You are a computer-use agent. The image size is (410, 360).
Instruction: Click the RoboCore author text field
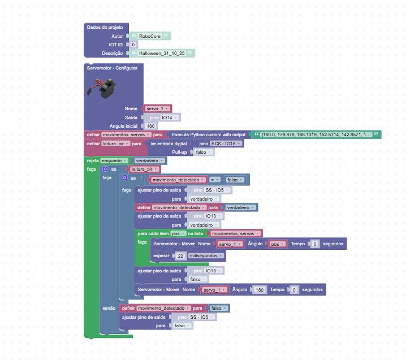[x=150, y=36]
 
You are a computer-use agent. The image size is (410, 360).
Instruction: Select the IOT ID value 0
[x=133, y=44]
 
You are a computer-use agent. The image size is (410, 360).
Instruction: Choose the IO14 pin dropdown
[x=169, y=117]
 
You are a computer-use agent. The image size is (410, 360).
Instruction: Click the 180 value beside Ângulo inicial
[x=151, y=125]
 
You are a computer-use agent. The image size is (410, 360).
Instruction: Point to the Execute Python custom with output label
[x=209, y=135]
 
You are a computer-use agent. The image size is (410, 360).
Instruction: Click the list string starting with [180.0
[x=317, y=135]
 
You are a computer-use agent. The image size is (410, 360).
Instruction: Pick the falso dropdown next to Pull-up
[x=202, y=152]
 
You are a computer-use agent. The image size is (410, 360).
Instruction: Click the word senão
[x=109, y=308]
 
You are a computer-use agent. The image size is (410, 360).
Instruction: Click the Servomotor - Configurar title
[x=111, y=67]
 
